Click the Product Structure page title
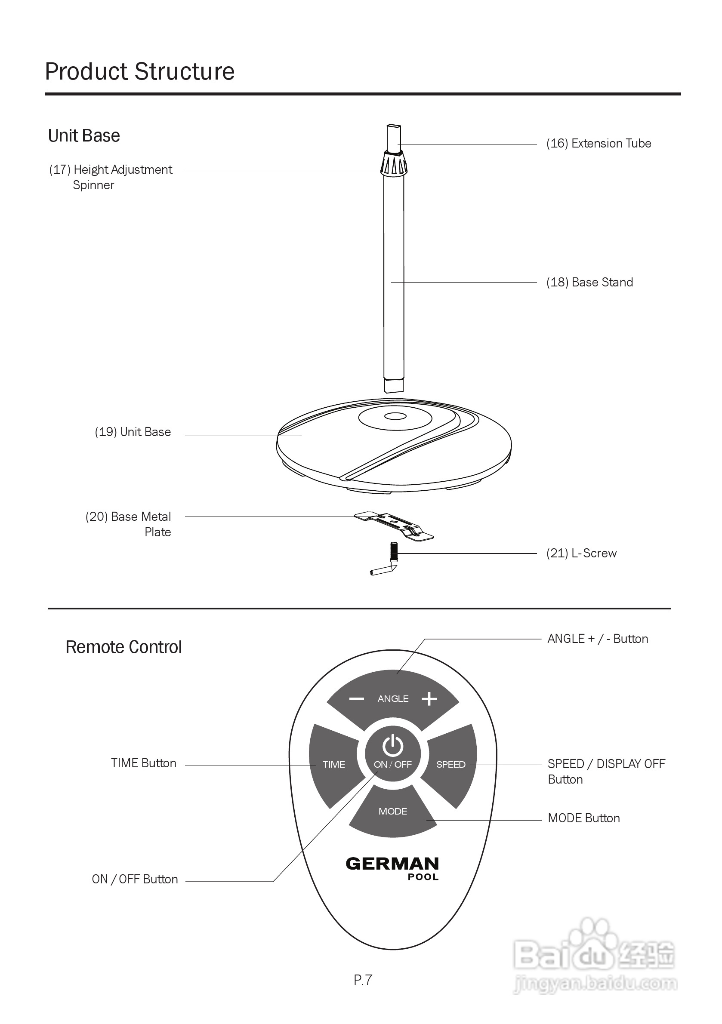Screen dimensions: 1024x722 click(140, 71)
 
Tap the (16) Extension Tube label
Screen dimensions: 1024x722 click(599, 143)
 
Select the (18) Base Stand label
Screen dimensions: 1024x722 click(589, 282)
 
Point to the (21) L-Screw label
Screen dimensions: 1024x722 click(581, 553)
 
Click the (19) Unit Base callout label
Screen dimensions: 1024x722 click(133, 432)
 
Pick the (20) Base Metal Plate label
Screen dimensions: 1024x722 click(129, 524)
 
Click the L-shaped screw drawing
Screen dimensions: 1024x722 click(386, 563)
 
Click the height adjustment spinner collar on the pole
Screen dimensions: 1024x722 click(394, 164)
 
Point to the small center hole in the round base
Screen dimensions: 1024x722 click(395, 417)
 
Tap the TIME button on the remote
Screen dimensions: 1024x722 click(334, 764)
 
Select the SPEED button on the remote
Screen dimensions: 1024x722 click(450, 764)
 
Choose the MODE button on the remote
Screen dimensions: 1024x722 click(393, 811)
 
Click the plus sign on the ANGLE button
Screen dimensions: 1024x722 click(429, 699)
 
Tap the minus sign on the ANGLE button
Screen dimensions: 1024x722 click(357, 699)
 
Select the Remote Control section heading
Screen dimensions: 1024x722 click(123, 647)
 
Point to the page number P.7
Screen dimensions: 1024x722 click(363, 980)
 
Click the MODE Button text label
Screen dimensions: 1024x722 click(584, 818)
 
